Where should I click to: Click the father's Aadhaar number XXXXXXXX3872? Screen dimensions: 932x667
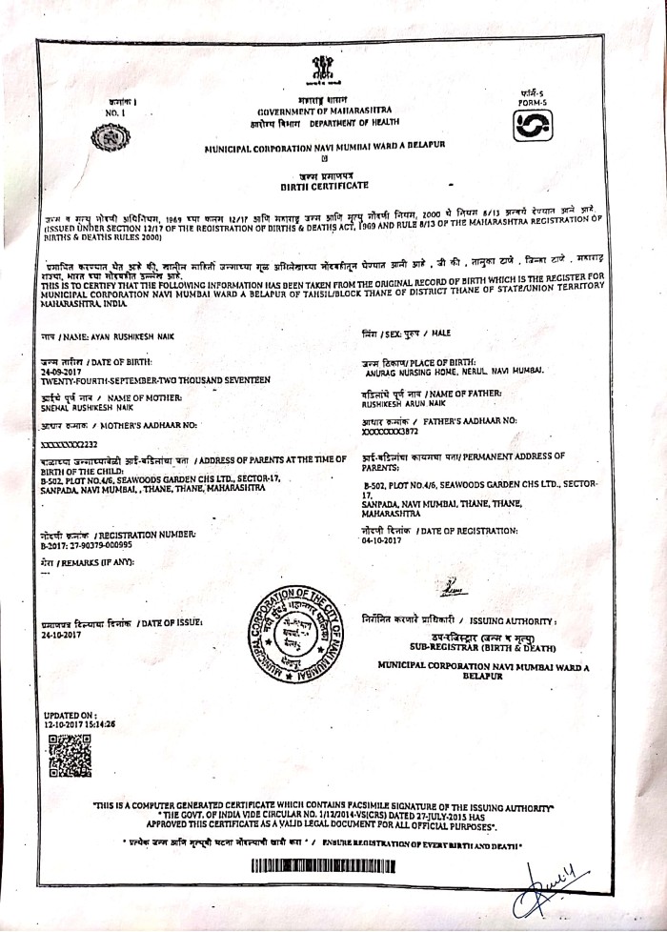[x=392, y=430]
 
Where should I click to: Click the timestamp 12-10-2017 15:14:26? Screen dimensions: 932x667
[x=79, y=724]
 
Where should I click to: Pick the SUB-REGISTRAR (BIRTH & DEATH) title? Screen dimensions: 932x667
[x=482, y=646]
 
